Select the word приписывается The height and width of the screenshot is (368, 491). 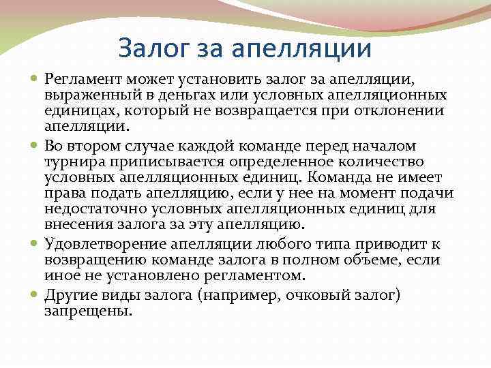pos(155,163)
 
